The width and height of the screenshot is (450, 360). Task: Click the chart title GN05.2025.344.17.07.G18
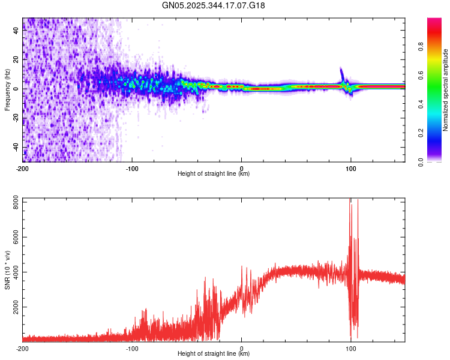coord(214,5)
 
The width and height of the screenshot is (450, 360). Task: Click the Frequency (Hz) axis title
coord(7,89)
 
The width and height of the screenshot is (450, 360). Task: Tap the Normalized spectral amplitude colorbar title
coord(446,90)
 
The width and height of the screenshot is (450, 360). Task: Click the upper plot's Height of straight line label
coord(214,174)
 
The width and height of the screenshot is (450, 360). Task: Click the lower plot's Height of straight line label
coord(214,354)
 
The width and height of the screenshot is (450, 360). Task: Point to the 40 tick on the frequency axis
coord(16,31)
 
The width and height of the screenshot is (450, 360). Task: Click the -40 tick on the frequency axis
coord(16,147)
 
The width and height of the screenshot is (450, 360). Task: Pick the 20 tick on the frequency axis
coord(16,59)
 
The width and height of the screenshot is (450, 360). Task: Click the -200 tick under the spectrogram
coord(23,167)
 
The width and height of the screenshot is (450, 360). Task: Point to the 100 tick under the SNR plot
coord(350,347)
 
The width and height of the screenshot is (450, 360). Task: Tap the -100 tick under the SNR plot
coord(132,347)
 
